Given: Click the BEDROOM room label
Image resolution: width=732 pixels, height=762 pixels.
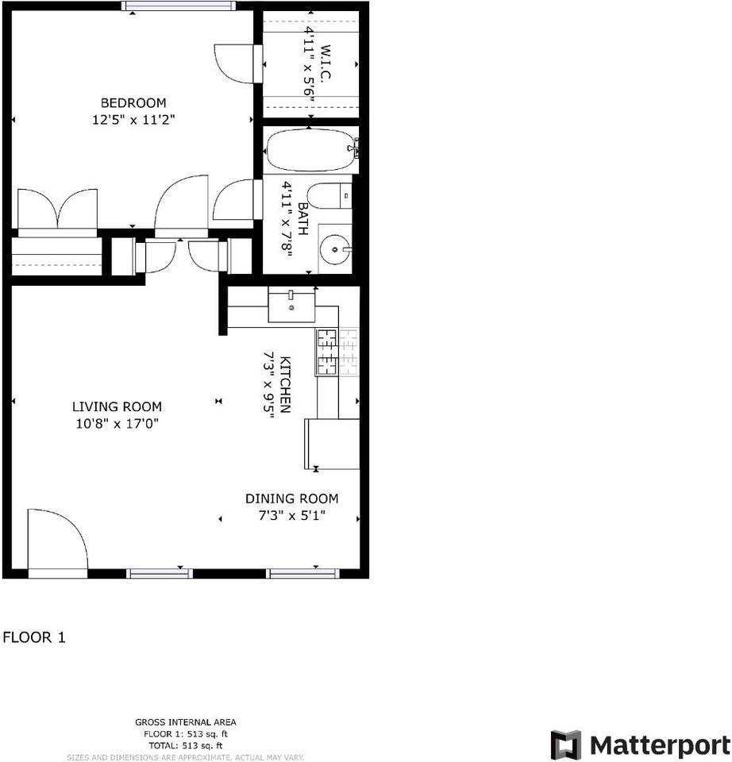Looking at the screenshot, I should [133, 103].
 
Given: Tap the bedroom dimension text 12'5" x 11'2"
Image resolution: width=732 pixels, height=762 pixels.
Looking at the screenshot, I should [133, 121].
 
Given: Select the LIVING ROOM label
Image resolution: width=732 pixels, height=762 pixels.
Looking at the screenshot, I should [117, 406].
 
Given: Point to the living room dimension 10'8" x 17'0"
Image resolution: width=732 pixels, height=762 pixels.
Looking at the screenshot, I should [117, 424].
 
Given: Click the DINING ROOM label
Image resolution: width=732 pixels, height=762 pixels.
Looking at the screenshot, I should [291, 498].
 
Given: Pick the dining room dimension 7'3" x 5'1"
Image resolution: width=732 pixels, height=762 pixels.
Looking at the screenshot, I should [291, 515].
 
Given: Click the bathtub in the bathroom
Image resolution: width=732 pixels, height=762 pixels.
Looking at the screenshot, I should [310, 150].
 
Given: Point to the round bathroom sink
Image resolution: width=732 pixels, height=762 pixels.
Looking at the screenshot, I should [334, 250].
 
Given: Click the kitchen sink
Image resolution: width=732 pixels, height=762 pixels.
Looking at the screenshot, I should [291, 306].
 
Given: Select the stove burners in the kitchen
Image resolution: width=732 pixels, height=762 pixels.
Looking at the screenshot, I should [327, 352].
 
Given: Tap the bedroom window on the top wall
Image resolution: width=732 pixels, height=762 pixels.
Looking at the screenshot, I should [179, 6].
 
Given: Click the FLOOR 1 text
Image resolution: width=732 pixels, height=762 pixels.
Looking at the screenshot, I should [34, 637].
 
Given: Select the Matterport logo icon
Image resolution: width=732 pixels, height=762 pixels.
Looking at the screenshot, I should [565, 745].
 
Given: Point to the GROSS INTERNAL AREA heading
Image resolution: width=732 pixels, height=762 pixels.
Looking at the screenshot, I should [185, 722].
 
